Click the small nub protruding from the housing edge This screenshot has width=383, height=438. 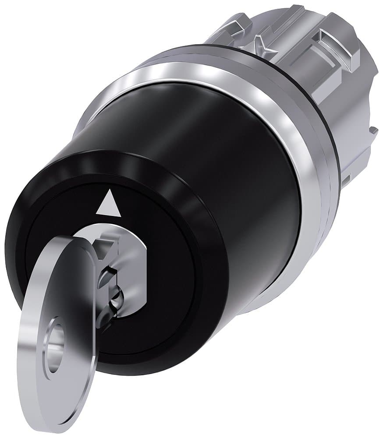pyautogui.click(x=373, y=130)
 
